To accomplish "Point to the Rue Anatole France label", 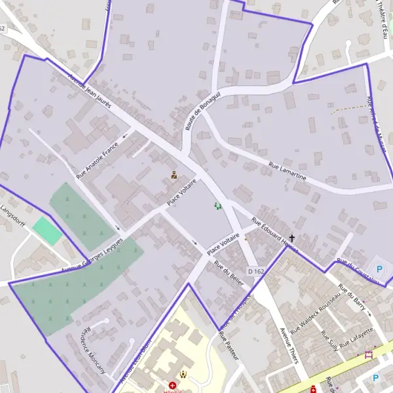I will (97, 160).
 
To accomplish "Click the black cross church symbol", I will (292, 238).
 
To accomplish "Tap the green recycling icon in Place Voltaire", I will (218, 206).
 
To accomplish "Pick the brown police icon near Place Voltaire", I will (174, 175).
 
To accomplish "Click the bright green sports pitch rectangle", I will (47, 231).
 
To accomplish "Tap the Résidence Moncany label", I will (92, 350).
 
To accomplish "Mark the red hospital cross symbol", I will (172, 386).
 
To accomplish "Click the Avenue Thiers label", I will (289, 345).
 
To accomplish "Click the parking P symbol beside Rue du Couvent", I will (379, 269).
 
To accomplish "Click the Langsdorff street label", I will (13, 215).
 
